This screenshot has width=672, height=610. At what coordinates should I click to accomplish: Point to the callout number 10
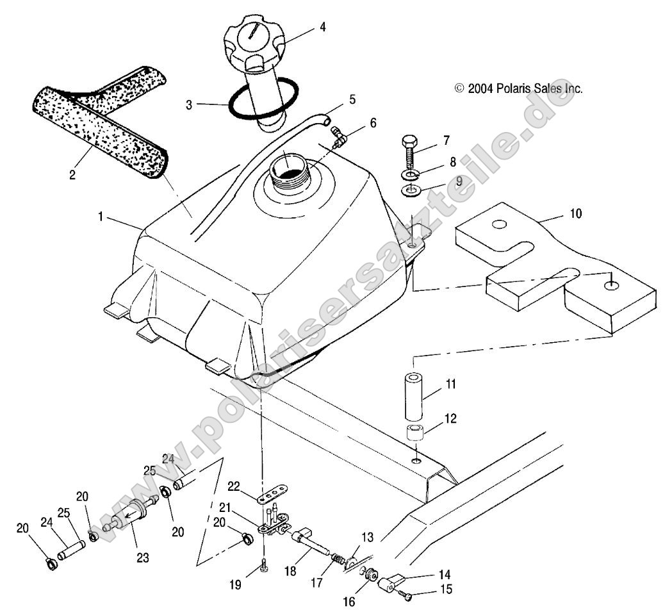click(576, 213)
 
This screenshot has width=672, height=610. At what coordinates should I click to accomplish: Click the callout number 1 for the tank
click(101, 217)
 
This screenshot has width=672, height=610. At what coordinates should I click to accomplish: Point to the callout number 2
click(72, 174)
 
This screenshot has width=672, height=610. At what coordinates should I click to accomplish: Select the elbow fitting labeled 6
click(338, 134)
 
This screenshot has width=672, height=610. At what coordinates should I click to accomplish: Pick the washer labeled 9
click(408, 191)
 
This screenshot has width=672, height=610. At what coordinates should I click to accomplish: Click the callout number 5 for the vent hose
click(352, 100)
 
